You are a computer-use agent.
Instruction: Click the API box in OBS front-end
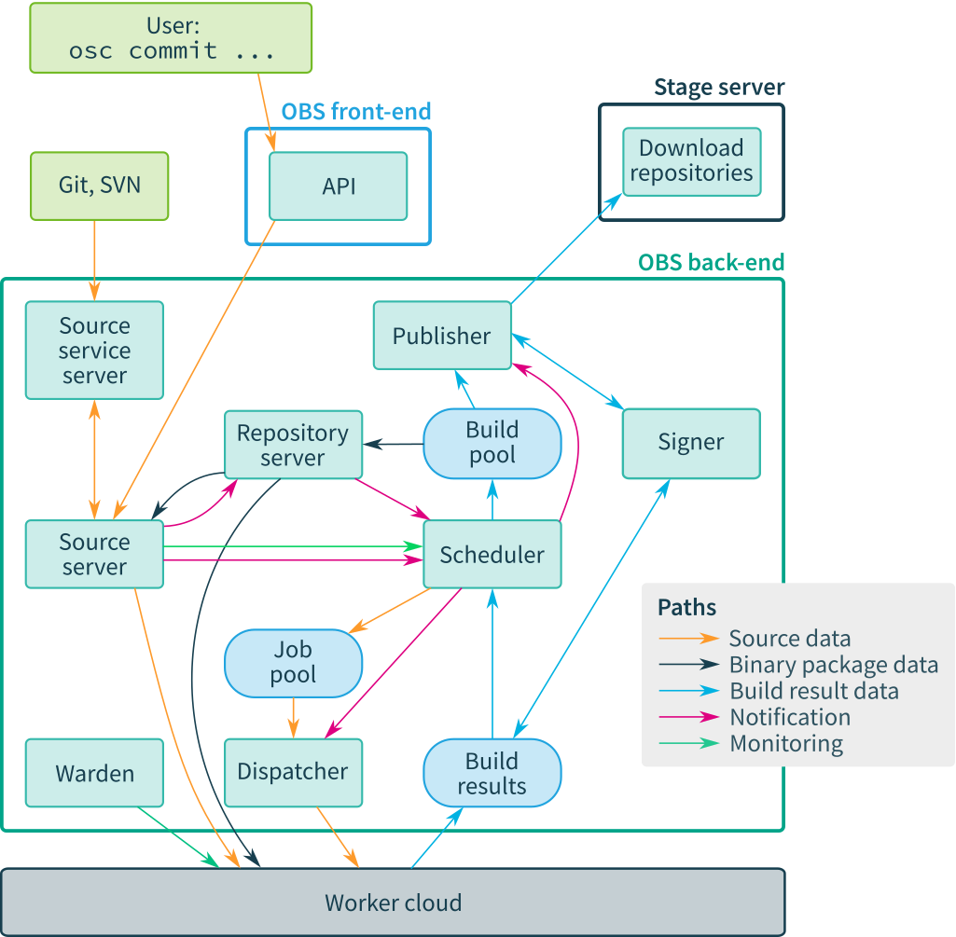tap(339, 186)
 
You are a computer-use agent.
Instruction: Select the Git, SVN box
tap(100, 186)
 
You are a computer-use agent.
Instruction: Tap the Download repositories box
tap(691, 161)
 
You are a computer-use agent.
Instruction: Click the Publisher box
tap(442, 336)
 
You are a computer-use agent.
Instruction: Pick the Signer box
tap(691, 443)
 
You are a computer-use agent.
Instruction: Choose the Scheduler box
tap(492, 555)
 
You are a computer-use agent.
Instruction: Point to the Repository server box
tap(293, 446)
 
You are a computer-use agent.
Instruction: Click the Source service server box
tap(94, 351)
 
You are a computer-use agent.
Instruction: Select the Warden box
tap(94, 773)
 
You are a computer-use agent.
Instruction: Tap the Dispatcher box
tap(293, 772)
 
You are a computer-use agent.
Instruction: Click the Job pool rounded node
tap(293, 663)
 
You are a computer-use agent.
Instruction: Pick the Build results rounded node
tap(492, 773)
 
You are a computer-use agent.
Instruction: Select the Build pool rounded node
tap(492, 443)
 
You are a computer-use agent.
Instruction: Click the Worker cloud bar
tap(393, 903)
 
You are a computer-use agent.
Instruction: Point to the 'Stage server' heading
tap(719, 88)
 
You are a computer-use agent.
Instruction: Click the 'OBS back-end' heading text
tap(711, 263)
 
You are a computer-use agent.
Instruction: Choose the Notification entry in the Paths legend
tap(790, 717)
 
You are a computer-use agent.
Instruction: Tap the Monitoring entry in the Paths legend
tap(786, 743)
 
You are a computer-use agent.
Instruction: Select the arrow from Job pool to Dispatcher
tap(294, 718)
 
